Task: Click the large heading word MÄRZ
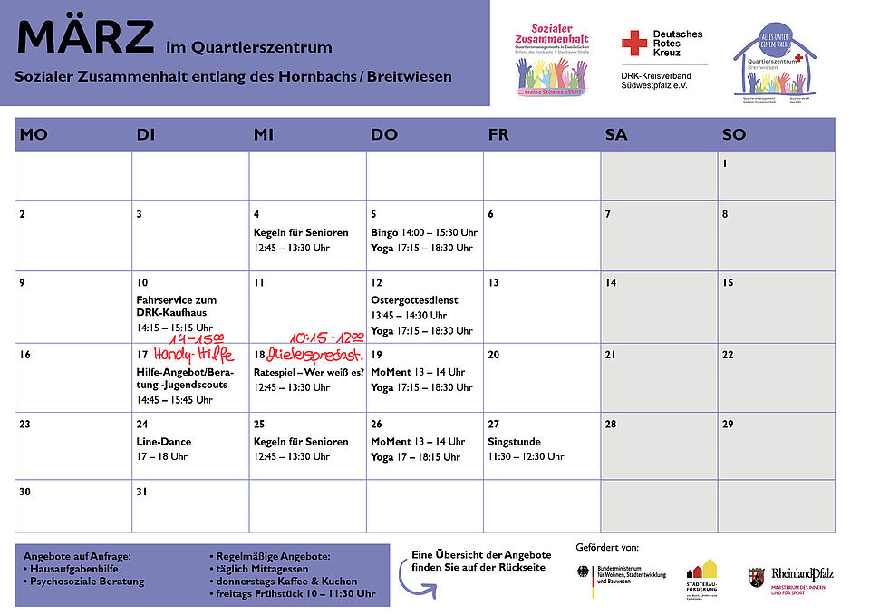click(85, 36)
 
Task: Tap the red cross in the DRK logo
click(634, 42)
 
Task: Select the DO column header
click(384, 134)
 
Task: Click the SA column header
click(616, 134)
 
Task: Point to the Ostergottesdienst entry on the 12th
click(414, 299)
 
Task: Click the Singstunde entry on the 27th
click(515, 442)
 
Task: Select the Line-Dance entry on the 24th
click(164, 442)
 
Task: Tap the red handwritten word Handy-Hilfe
click(193, 355)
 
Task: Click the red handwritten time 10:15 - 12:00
click(326, 337)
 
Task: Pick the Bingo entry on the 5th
click(384, 232)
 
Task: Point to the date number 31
click(142, 492)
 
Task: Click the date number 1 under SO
click(726, 164)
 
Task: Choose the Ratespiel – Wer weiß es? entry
click(309, 372)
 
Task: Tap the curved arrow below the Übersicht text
click(417, 585)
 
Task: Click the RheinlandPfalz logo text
click(802, 573)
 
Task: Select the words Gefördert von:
click(607, 547)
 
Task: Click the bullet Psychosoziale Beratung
click(88, 581)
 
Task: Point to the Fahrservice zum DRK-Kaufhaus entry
click(177, 307)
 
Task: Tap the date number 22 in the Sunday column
click(728, 355)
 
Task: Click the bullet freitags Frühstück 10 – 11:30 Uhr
click(295, 593)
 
